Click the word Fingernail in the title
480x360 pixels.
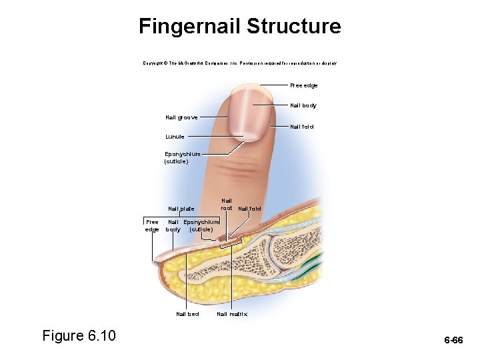pos(189,27)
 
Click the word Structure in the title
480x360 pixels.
pos(293,27)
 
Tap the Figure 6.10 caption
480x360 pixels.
pos(79,335)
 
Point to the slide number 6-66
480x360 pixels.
pos(454,341)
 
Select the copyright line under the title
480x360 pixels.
pos(240,63)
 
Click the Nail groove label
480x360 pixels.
pos(182,117)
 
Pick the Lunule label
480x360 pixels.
pos(175,137)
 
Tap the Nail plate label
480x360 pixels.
pos(181,209)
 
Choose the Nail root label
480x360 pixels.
pos(227,204)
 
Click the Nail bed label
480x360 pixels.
pos(187,314)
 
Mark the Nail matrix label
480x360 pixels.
pos(232,314)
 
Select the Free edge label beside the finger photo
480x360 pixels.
pos(304,85)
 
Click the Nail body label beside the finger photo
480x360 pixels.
pos(303,105)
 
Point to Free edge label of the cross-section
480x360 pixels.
pos(153,225)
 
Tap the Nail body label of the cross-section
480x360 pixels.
pos(173,225)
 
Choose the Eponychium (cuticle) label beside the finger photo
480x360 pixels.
pos(182,157)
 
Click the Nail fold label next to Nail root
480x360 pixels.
pos(250,209)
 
